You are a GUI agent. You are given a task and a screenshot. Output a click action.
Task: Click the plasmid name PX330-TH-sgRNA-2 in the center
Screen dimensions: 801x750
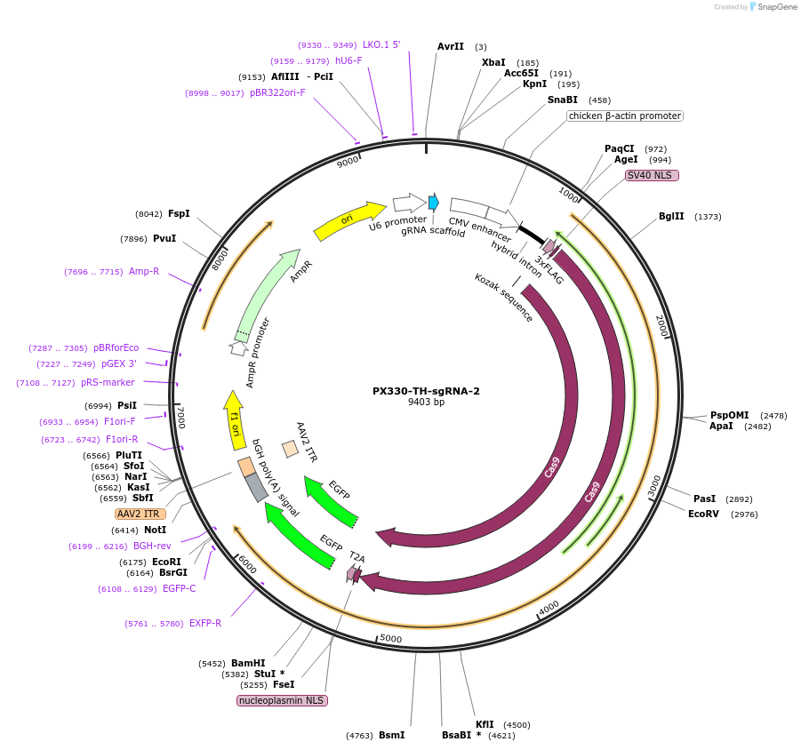[x=426, y=391]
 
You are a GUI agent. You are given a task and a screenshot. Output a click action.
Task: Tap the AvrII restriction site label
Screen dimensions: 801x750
[x=451, y=46]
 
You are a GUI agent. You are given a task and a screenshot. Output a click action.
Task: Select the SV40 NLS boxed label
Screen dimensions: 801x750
[x=652, y=176]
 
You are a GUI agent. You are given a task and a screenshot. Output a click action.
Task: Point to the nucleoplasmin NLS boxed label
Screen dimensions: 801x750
[x=282, y=700]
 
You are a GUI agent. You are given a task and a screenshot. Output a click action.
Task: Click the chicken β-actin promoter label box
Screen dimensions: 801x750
[x=625, y=116]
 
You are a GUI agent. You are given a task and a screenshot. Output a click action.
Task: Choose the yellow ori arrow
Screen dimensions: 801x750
[x=349, y=220]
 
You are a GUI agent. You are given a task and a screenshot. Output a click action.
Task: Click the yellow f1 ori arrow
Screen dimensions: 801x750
[x=235, y=420]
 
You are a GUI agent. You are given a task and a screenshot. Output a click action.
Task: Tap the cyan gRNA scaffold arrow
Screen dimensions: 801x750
[x=434, y=203]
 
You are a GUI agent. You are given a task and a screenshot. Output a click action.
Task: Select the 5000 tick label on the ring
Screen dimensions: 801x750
[x=391, y=639]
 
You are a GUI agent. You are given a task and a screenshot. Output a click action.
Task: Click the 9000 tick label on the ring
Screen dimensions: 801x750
[x=348, y=162]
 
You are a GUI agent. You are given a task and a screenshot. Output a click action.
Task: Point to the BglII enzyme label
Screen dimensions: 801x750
[x=671, y=217]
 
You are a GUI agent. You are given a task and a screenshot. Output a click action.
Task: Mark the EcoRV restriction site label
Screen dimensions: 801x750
[x=703, y=515]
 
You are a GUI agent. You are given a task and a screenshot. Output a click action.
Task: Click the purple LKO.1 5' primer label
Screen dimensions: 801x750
[x=381, y=45]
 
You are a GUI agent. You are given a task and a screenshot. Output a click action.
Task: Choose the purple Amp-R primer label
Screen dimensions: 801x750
[x=144, y=272]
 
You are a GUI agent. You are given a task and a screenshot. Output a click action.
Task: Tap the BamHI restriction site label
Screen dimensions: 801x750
[x=248, y=663]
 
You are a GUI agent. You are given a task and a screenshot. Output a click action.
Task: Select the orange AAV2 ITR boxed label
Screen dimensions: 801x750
[x=138, y=515]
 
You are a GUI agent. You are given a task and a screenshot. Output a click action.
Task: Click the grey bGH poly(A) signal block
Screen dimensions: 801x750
[x=256, y=488]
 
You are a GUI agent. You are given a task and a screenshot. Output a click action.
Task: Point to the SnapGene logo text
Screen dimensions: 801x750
[x=777, y=6]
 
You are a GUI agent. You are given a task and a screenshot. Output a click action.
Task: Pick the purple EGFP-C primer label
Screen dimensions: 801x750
[x=180, y=588]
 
